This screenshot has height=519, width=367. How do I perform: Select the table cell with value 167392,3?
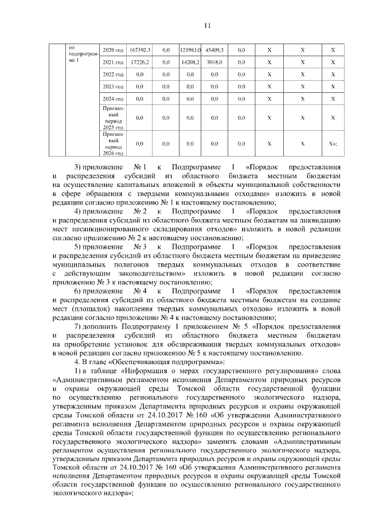(140, 50)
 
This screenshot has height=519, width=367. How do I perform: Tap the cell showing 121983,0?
(190, 50)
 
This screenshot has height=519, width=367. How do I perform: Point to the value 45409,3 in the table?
(214, 50)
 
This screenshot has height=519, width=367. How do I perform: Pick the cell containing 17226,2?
(140, 62)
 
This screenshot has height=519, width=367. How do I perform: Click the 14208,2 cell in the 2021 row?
(190, 62)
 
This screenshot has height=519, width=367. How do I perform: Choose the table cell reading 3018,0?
(214, 62)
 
